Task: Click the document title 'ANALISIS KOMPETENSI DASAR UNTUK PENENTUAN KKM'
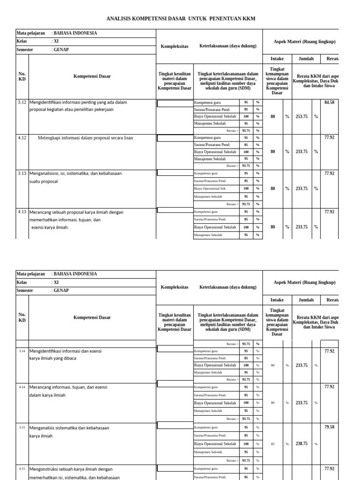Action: (x=181, y=18)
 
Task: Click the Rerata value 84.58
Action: (x=329, y=102)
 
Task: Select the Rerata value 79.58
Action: (x=329, y=427)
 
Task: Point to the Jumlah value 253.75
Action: (x=302, y=116)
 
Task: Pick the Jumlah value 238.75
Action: (x=302, y=443)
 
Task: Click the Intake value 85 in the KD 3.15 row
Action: (x=272, y=443)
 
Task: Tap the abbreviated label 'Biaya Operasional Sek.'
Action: (x=210, y=188)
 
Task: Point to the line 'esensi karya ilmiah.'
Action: (x=50, y=227)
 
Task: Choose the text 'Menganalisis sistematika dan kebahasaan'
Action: (x=69, y=427)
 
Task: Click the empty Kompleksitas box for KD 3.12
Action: (x=174, y=104)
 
